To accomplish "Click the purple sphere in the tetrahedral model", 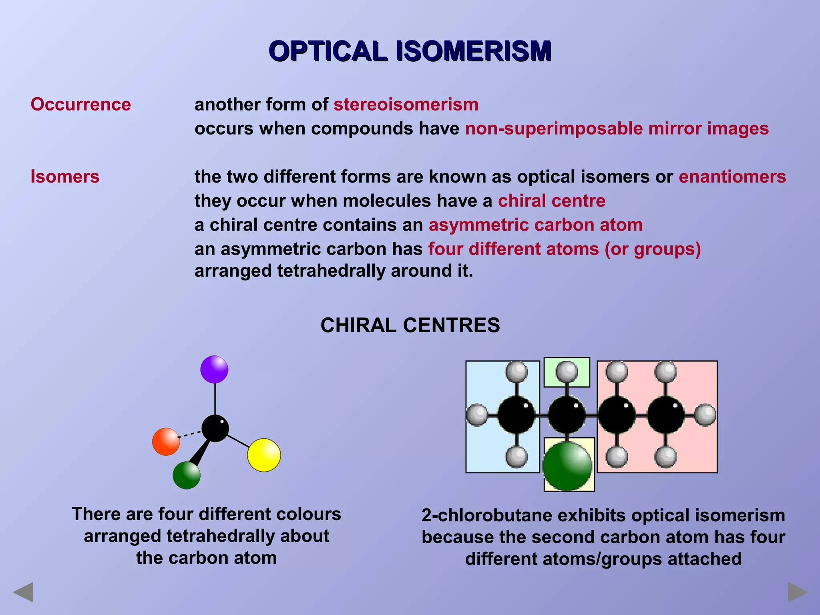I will click(x=214, y=369).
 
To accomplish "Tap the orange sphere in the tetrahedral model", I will click(x=166, y=442).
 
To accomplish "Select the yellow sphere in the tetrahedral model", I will click(x=264, y=455).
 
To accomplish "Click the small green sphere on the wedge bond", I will click(x=187, y=475).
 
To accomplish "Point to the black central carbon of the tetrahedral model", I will click(x=215, y=428).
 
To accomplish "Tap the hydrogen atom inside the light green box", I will click(x=567, y=372).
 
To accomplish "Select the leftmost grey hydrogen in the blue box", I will click(x=477, y=415).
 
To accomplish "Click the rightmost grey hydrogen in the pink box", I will click(x=705, y=415).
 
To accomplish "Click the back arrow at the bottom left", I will click(x=23, y=592).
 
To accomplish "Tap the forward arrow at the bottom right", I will click(x=798, y=592).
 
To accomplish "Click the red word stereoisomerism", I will click(x=406, y=105).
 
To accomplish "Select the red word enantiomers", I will click(x=732, y=177).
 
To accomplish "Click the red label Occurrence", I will click(x=81, y=105).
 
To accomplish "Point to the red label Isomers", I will click(x=65, y=177).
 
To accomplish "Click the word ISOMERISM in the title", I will click(x=474, y=51).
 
